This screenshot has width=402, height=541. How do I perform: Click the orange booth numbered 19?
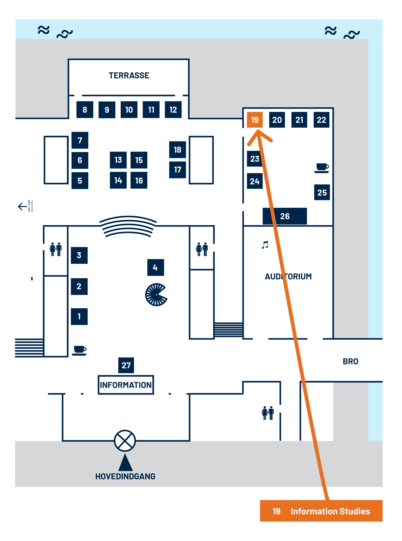click(x=255, y=120)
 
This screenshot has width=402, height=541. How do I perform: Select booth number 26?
click(x=285, y=216)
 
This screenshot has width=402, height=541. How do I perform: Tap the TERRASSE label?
click(x=129, y=75)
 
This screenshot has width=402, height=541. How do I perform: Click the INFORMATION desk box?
click(x=126, y=385)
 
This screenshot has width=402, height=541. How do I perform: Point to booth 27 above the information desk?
click(x=126, y=365)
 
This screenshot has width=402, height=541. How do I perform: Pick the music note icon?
click(x=265, y=245)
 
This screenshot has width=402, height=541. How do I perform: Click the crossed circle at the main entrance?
click(x=125, y=440)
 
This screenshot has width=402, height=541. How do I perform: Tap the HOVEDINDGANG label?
click(x=125, y=476)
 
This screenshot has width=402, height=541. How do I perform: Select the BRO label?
click(x=350, y=361)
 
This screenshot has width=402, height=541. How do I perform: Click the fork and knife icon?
click(x=30, y=206)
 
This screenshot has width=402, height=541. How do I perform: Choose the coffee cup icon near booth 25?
click(x=322, y=168)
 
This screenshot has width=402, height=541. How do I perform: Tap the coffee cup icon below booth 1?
click(x=79, y=350)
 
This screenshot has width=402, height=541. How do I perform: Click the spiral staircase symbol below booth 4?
click(x=156, y=295)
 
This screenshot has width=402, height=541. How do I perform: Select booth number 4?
click(x=156, y=268)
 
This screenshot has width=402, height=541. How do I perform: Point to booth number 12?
click(x=173, y=110)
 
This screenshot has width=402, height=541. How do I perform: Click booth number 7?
click(x=80, y=140)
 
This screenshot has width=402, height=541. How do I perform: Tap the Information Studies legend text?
click(x=330, y=511)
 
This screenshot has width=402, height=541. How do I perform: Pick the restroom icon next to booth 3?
click(x=56, y=249)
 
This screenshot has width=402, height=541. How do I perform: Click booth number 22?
click(x=321, y=120)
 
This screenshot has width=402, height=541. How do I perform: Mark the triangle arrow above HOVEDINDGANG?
click(x=125, y=463)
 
